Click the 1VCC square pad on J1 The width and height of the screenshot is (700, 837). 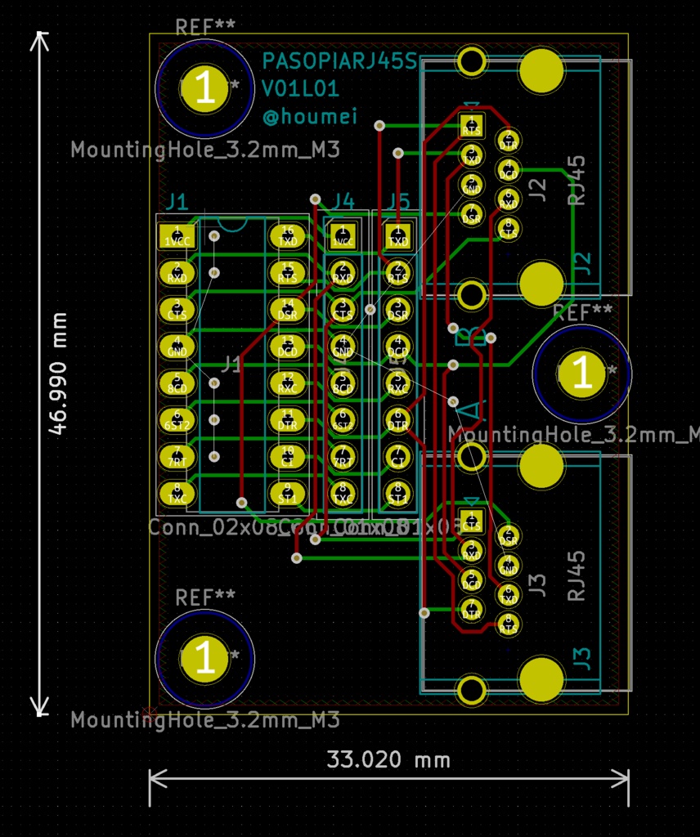coord(177,236)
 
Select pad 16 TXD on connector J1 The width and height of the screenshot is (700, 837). coord(288,236)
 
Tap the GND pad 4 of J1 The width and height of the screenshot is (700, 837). coord(177,347)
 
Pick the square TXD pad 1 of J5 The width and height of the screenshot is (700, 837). coord(398,236)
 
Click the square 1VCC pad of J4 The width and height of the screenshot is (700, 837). coord(343,236)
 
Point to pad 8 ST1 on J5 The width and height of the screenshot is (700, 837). coord(398,493)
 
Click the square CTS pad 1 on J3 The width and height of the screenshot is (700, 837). coord(471,520)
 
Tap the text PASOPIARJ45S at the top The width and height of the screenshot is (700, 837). coord(339,61)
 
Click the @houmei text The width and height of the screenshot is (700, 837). coord(309,117)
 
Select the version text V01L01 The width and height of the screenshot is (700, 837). coord(300,89)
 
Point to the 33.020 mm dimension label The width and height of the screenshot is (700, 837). coord(388,759)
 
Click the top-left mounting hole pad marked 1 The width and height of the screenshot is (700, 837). coord(205,87)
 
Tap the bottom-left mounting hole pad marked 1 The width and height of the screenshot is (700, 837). coord(205,658)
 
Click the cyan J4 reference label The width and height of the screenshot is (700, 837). coord(343,201)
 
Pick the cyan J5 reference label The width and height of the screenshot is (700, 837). coord(399,201)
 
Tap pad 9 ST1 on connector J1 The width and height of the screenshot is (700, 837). coord(288,493)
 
